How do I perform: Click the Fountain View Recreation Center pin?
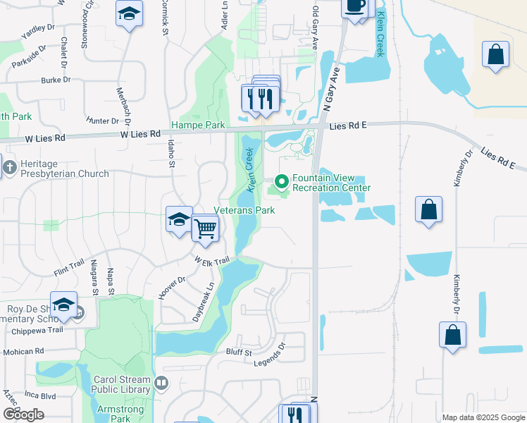coord(282,183)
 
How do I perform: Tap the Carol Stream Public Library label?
coord(123,384)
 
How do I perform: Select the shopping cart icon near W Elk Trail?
coord(205,228)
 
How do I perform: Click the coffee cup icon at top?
coord(354,6)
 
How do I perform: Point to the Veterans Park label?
coord(244,210)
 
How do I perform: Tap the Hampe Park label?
coord(198,125)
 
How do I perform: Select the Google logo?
coord(23,415)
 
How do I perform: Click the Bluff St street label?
coord(240,352)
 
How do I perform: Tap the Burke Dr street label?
coord(56,80)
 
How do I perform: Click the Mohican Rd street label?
coord(23,350)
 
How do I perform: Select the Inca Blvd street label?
coord(39,396)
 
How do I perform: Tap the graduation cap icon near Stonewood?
coord(129,15)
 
